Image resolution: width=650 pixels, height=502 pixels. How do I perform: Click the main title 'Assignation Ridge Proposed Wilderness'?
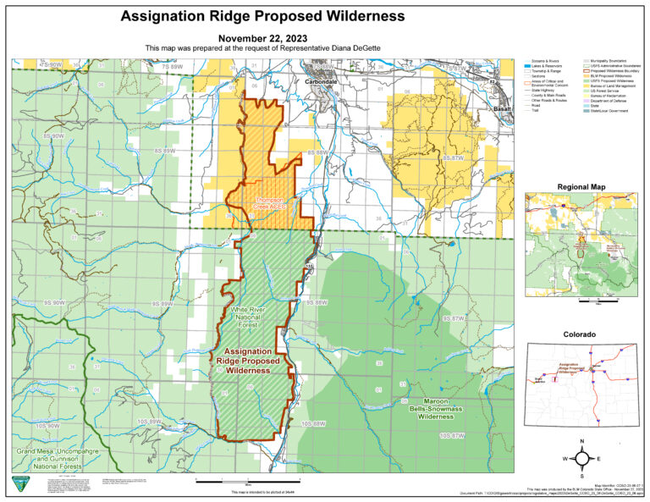click(x=262, y=16)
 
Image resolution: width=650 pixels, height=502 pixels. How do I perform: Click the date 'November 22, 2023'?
click(x=262, y=39)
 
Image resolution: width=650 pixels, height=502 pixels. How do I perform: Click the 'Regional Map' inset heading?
click(x=581, y=186)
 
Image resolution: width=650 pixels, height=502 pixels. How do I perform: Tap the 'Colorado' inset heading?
click(x=581, y=335)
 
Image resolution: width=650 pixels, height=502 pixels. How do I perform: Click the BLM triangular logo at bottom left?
click(x=19, y=483)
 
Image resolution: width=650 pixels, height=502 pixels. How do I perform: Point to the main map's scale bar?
click(x=222, y=482)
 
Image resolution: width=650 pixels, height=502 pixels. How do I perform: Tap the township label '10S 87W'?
click(x=452, y=435)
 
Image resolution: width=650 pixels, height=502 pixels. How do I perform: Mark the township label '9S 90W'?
click(x=52, y=301)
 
